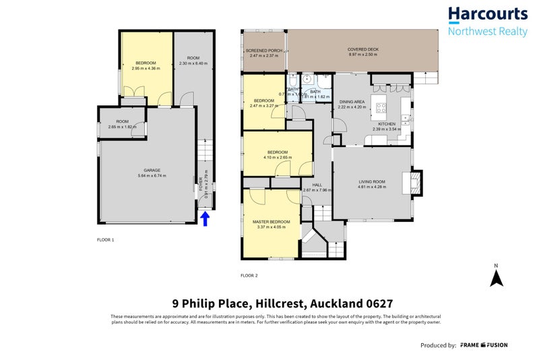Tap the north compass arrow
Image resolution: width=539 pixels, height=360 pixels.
coord(496,278)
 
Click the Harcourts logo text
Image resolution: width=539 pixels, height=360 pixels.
coord(488,14)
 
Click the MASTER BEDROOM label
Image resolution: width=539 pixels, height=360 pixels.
coord(271,222)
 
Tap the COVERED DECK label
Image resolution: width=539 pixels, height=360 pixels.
coord(362,49)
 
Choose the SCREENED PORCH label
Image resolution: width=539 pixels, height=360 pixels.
coord(263,51)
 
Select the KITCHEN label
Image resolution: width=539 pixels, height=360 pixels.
coord(386,125)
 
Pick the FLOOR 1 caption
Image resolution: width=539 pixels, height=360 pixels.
coord(105,240)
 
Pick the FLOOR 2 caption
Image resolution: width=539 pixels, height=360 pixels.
coord(249,275)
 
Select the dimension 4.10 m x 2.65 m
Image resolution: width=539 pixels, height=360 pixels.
coord(277,158)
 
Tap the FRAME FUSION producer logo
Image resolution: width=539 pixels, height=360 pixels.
coord(484,345)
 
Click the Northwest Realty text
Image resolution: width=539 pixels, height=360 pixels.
coord(488,31)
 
